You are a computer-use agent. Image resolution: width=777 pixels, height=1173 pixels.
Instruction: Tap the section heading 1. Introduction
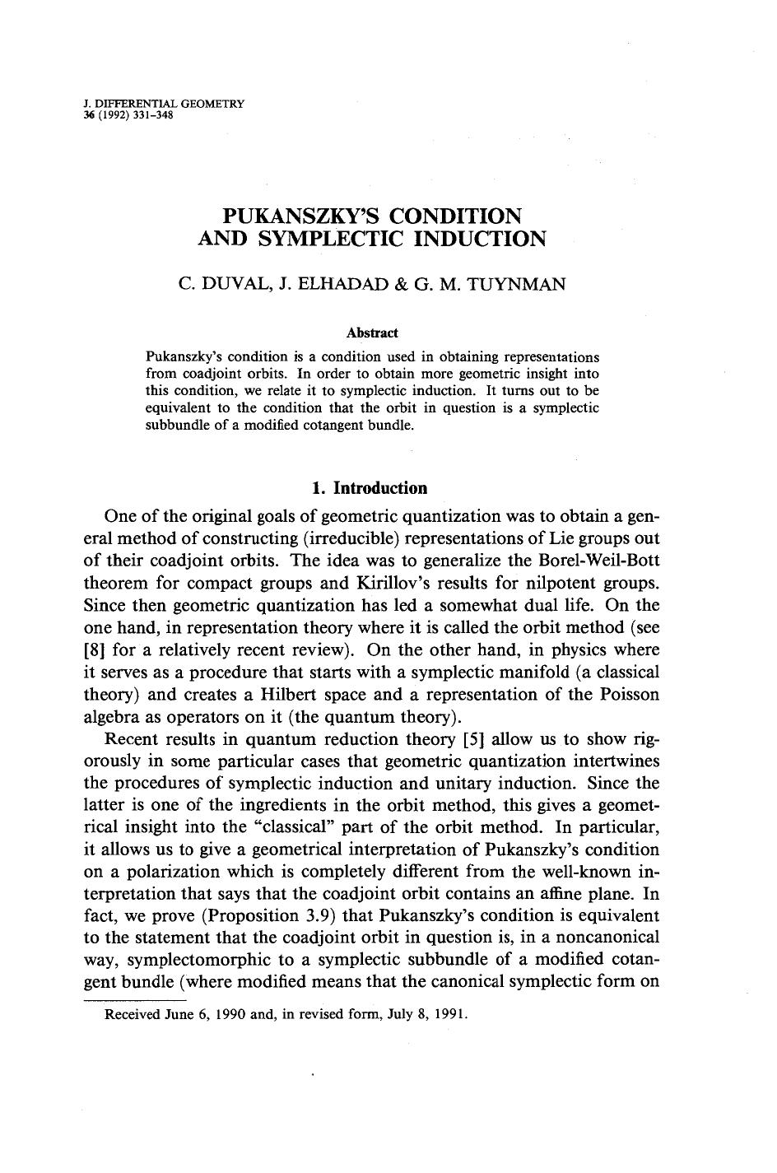point(370,488)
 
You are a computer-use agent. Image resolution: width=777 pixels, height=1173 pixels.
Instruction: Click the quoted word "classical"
point(298,826)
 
